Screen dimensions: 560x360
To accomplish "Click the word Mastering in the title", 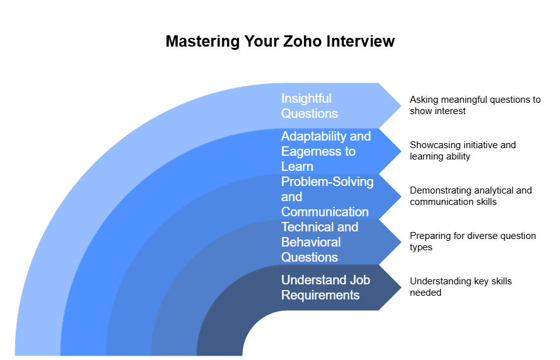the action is pyautogui.click(x=203, y=42).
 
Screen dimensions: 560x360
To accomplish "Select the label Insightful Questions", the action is pyautogui.click(x=309, y=106).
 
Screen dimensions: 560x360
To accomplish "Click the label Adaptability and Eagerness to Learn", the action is pyautogui.click(x=326, y=151).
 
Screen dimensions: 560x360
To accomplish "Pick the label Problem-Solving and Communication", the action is pyautogui.click(x=327, y=197).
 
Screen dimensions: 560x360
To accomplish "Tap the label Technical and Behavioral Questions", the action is pyautogui.click(x=320, y=241).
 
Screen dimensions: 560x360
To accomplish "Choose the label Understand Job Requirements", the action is pyautogui.click(x=325, y=287).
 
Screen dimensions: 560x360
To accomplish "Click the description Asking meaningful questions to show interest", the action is pyautogui.click(x=475, y=105).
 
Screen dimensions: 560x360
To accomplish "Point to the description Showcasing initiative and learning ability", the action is pyautogui.click(x=462, y=150).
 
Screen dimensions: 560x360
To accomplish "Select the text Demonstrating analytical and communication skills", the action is pyautogui.click(x=470, y=195).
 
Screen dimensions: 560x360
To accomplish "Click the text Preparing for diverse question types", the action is pyautogui.click(x=472, y=241).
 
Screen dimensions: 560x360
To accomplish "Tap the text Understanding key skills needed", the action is pyautogui.click(x=460, y=286).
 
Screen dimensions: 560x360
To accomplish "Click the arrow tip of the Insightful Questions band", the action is pyautogui.click(x=400, y=105).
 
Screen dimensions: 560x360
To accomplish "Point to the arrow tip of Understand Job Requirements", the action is pyautogui.click(x=400, y=287).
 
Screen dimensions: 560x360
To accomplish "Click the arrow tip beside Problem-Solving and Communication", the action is pyautogui.click(x=400, y=197).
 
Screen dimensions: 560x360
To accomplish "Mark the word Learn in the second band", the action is pyautogui.click(x=297, y=166).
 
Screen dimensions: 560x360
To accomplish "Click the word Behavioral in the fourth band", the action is pyautogui.click(x=311, y=242).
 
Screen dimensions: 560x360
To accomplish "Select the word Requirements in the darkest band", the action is pyautogui.click(x=320, y=295).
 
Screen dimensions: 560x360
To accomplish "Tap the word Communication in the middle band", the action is pyautogui.click(x=325, y=212).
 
